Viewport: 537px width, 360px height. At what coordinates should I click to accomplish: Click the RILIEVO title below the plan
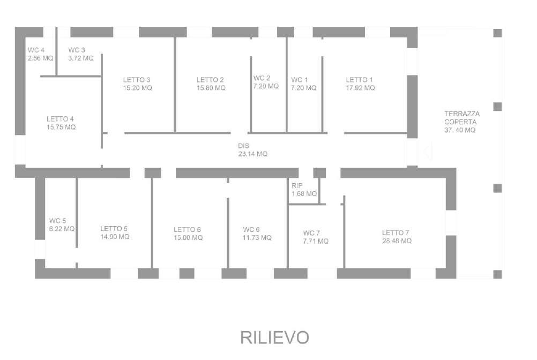click(x=275, y=337)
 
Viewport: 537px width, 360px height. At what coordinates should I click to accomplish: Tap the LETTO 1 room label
click(x=359, y=80)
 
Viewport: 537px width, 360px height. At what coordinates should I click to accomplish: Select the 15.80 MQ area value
click(x=211, y=88)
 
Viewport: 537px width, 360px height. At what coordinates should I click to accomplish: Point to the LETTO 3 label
click(x=137, y=80)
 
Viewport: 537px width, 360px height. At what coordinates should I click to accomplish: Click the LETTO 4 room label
click(x=60, y=119)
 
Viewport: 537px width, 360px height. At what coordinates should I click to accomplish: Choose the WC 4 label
click(x=36, y=50)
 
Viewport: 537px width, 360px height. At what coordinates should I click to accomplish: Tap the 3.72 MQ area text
click(x=81, y=58)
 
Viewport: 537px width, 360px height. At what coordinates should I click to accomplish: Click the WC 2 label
click(x=262, y=78)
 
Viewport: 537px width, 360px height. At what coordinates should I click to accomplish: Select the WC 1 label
click(x=300, y=80)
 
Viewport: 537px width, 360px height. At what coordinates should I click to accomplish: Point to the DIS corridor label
click(x=243, y=146)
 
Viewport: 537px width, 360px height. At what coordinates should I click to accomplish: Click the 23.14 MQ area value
click(x=253, y=154)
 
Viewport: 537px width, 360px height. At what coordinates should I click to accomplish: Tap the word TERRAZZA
click(x=462, y=114)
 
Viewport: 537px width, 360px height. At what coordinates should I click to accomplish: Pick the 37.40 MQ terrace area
click(x=460, y=130)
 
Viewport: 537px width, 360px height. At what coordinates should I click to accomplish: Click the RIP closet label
click(x=297, y=186)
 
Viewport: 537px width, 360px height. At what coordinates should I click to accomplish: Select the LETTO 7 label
click(x=396, y=232)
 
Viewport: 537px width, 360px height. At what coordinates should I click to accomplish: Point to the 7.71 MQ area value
click(x=316, y=241)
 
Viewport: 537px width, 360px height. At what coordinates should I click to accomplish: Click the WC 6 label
click(x=251, y=230)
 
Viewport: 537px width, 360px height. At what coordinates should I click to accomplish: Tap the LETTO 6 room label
click(x=187, y=230)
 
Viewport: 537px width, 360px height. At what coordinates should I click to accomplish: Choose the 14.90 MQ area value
click(x=115, y=237)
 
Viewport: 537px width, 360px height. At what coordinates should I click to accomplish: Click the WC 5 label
click(x=57, y=221)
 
